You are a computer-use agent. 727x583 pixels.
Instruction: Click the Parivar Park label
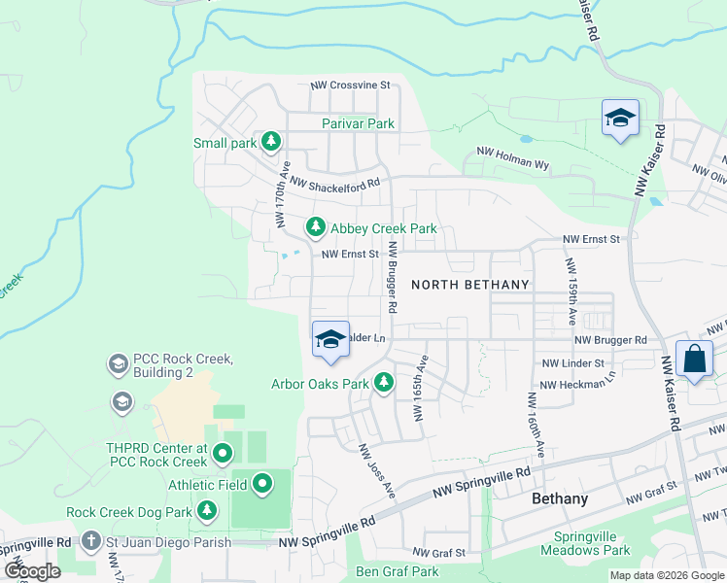[359, 123]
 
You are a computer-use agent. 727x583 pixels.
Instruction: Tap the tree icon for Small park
[272, 143]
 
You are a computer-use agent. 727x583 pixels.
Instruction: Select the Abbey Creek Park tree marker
[315, 228]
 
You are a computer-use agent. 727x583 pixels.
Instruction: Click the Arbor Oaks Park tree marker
[384, 383]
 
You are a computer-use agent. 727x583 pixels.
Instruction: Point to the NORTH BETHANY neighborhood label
[470, 285]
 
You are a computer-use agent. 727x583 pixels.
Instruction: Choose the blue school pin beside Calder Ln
[330, 339]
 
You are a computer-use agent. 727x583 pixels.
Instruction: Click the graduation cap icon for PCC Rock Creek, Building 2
[118, 364]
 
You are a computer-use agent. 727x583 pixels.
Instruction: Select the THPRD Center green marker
[223, 453]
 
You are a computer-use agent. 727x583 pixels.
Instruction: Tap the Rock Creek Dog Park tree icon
[206, 510]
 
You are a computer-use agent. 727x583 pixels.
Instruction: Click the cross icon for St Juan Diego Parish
[90, 539]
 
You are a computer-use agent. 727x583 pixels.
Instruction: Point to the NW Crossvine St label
[350, 86]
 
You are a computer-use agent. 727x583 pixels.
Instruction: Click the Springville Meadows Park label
[592, 543]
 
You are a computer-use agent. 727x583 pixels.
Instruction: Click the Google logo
[32, 571]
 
